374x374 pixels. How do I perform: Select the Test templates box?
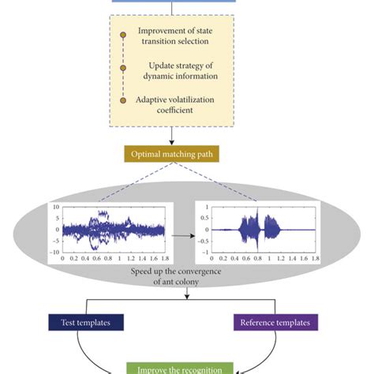(84, 322)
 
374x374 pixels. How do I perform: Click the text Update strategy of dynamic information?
(182, 71)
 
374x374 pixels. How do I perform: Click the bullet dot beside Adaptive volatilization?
(122, 100)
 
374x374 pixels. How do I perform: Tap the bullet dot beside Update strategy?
(122, 68)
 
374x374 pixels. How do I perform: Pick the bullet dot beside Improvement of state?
(122, 36)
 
